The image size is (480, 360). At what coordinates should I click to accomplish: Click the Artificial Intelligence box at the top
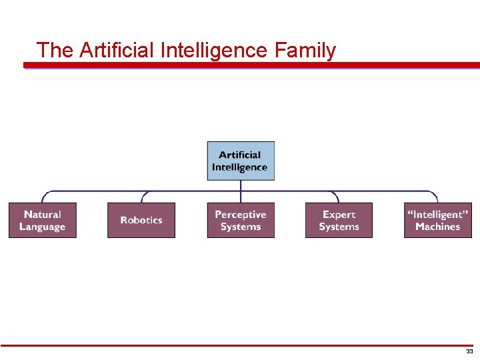[241, 161]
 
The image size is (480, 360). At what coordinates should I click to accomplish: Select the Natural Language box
[43, 221]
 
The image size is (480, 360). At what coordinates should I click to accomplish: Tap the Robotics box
[141, 221]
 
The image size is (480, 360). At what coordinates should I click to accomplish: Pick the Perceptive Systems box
[241, 221]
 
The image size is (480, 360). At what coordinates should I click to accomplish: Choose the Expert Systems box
[339, 221]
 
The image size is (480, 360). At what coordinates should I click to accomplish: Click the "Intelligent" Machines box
[437, 221]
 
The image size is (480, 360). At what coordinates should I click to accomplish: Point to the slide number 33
[469, 351]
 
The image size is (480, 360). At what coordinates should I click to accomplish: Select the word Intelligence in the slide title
[214, 50]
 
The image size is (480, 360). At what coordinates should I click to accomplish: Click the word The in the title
[52, 50]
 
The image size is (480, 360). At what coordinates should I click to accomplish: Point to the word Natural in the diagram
[43, 215]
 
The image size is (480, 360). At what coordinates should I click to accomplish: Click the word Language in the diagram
[43, 227]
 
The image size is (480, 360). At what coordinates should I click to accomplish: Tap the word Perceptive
[241, 215]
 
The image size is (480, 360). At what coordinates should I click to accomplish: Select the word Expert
[339, 215]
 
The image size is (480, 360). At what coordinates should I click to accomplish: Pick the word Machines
[437, 227]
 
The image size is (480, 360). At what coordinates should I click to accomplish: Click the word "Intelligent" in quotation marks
[437, 215]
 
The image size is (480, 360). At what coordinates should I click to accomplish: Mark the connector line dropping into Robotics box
[142, 197]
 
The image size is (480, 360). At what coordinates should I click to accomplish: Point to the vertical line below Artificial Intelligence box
[241, 185]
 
